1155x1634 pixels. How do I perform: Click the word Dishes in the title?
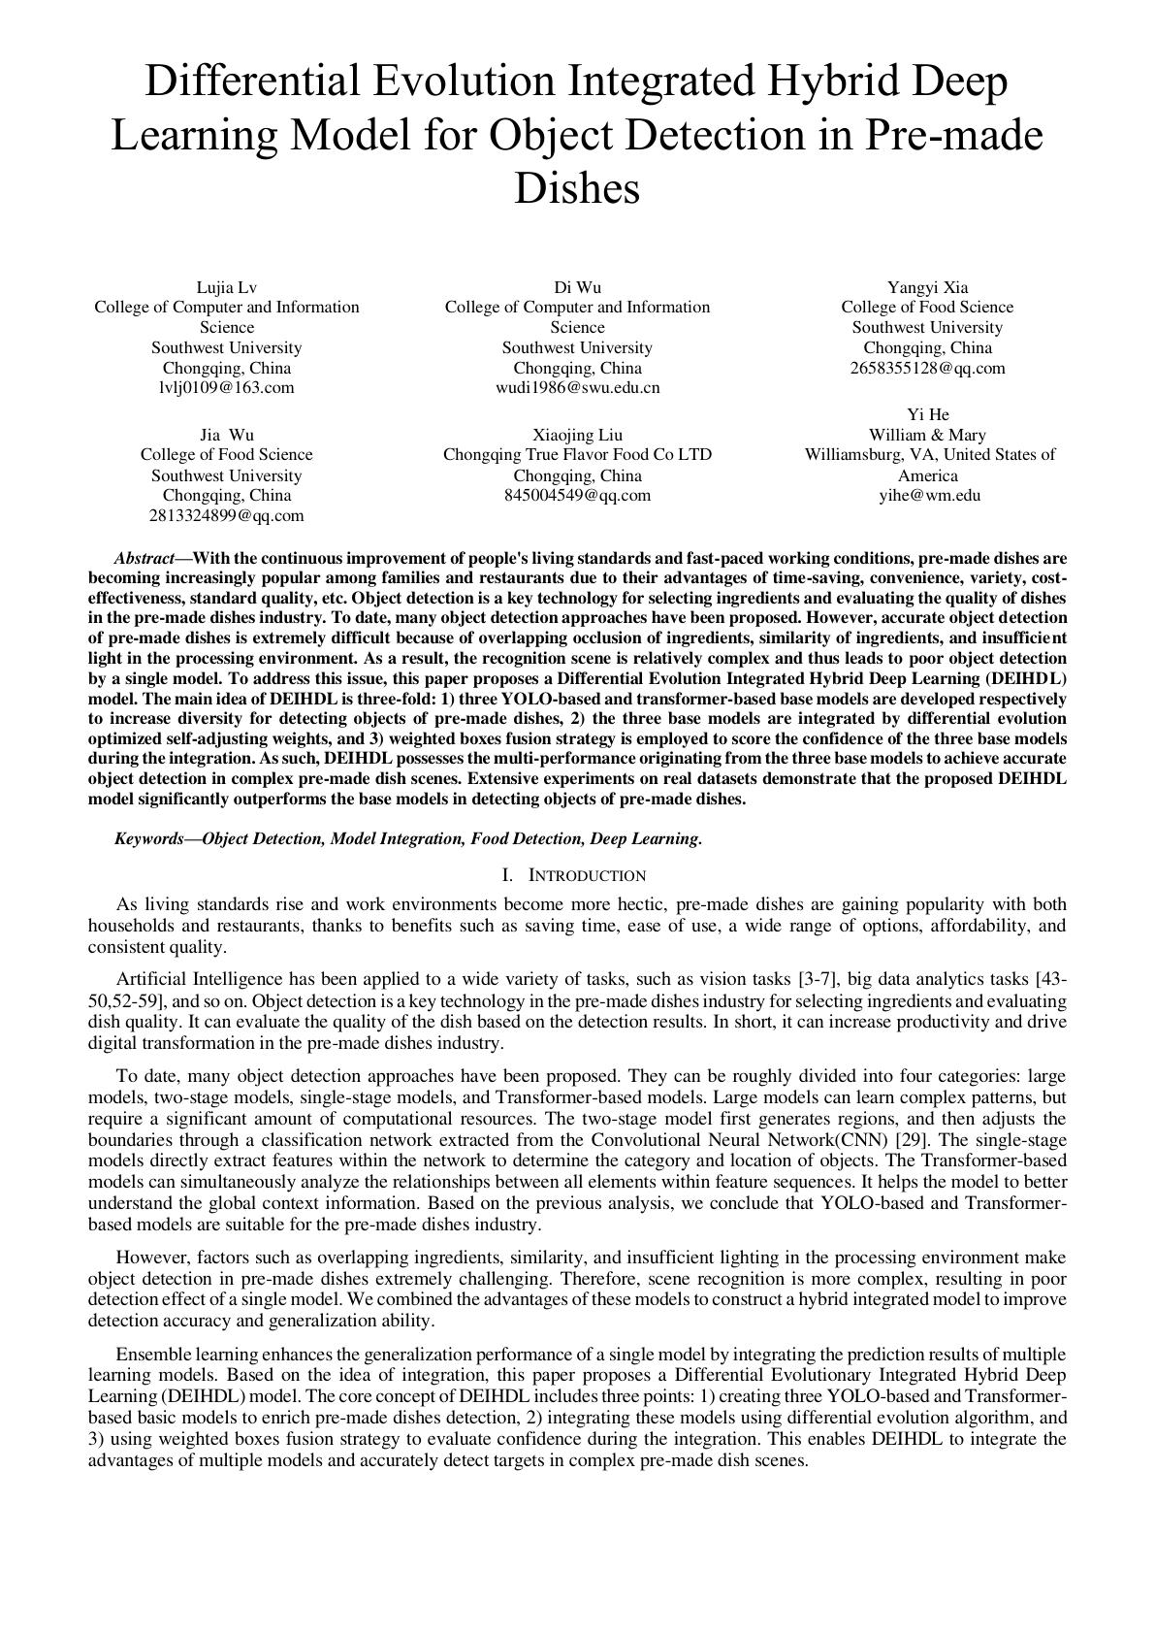[x=576, y=187]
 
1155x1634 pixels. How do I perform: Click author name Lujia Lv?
[x=226, y=287]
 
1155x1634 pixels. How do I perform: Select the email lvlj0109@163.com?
[x=226, y=388]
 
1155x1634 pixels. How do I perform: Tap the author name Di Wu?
[x=577, y=287]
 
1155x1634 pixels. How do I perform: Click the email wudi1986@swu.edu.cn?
[x=577, y=388]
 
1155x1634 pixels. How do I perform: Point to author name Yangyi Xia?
[x=927, y=287]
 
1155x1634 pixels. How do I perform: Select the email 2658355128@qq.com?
[x=927, y=368]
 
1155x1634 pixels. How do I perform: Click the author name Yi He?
[x=927, y=414]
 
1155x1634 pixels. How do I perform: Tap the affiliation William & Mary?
[x=927, y=435]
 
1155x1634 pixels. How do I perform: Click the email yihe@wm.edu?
[x=929, y=495]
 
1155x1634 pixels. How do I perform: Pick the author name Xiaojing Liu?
[x=577, y=435]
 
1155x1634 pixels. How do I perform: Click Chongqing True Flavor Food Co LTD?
[x=577, y=454]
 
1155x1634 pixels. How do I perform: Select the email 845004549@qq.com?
[x=577, y=495]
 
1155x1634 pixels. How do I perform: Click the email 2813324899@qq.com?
[x=226, y=515]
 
